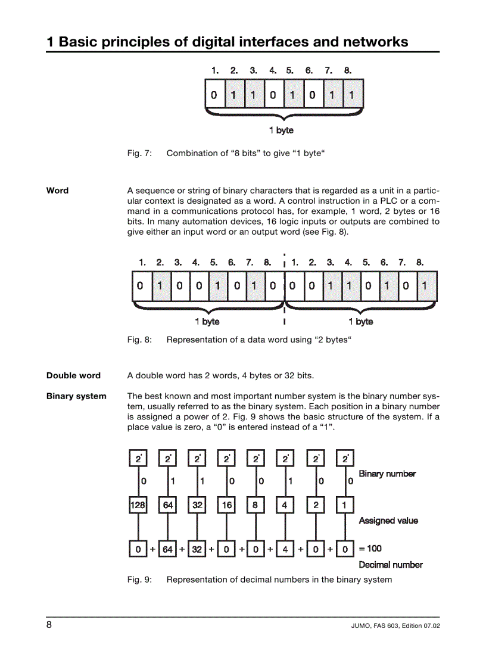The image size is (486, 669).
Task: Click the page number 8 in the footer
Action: [49, 625]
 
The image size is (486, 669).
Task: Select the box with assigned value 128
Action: [138, 506]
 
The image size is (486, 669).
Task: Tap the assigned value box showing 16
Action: [226, 506]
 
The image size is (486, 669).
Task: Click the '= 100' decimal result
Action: [370, 549]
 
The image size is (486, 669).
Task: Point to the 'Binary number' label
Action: [387, 474]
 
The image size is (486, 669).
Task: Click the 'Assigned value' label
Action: [388, 521]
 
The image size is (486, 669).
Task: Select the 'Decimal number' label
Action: [391, 565]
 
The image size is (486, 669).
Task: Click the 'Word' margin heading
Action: [57, 191]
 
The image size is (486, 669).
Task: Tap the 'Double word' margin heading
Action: [73, 376]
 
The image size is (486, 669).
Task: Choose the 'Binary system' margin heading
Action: [76, 396]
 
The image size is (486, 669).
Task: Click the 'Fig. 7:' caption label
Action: [140, 154]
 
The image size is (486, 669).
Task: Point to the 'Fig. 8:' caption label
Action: [140, 340]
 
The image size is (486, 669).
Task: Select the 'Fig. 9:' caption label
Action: [140, 580]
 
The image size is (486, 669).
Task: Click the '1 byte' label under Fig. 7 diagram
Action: [281, 130]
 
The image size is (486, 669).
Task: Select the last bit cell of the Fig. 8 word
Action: [425, 286]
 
